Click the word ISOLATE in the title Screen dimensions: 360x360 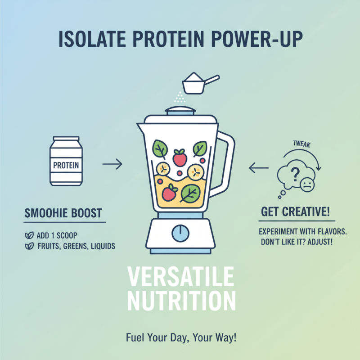(x=93, y=39)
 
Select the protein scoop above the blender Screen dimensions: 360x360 (x=197, y=83)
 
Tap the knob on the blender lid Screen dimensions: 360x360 (x=180, y=109)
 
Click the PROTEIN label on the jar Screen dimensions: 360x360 (x=66, y=165)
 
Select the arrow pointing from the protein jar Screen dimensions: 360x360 (x=112, y=165)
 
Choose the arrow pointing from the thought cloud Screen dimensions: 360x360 (x=258, y=169)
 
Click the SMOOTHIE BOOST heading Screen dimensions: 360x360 (x=63, y=213)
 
